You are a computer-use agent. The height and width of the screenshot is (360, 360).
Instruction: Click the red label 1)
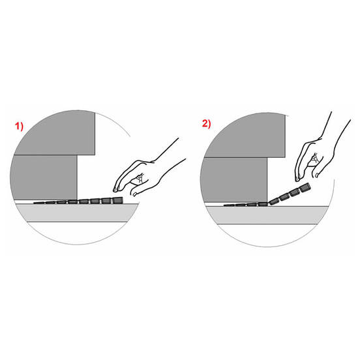point(20,127)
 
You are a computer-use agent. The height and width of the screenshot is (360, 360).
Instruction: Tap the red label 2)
point(206,124)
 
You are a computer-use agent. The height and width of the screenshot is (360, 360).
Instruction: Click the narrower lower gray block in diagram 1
point(44,177)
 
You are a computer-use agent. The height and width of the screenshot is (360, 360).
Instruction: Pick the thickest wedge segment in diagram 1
point(117,200)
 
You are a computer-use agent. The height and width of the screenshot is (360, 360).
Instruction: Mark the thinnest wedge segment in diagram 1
point(39,203)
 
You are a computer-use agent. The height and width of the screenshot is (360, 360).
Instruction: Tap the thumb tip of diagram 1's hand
point(134,195)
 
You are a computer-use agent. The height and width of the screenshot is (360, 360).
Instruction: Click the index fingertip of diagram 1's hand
point(115,190)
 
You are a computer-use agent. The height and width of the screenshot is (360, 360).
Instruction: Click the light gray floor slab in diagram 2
point(267,215)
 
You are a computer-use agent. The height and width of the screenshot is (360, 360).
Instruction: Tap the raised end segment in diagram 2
point(305,187)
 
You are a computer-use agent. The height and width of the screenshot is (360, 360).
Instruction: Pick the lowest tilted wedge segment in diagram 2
point(274,202)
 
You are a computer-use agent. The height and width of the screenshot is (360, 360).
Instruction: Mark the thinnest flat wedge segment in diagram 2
point(229,205)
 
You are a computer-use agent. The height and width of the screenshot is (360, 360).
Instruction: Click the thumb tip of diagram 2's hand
point(317,175)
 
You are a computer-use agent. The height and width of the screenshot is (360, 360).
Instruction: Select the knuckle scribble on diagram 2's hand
point(315,158)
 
